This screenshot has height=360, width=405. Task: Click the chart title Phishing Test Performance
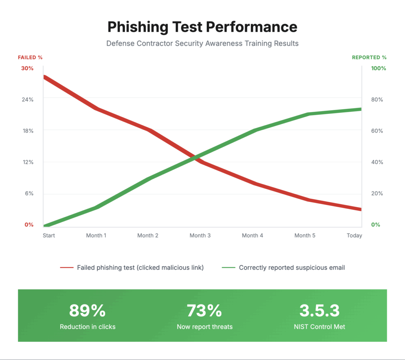coord(202,27)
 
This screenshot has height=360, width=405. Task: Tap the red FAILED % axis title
coord(30,57)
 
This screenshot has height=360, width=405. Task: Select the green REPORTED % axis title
coord(369,57)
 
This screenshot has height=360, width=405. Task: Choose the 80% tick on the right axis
coord(377,99)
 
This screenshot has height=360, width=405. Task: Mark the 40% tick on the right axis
coord(377,162)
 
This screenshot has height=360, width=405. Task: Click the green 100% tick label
coord(378,68)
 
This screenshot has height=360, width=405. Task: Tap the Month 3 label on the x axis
coord(200,235)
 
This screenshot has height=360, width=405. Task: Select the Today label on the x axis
coord(354,235)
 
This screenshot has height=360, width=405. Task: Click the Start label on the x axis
coord(49,235)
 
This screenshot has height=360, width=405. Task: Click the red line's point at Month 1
coord(96,108)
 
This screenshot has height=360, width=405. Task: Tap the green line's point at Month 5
coord(307,114)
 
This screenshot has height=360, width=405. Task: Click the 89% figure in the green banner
coord(87,311)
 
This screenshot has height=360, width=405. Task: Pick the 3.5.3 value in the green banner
coord(320,311)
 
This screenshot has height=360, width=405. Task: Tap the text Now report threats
coord(204,327)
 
